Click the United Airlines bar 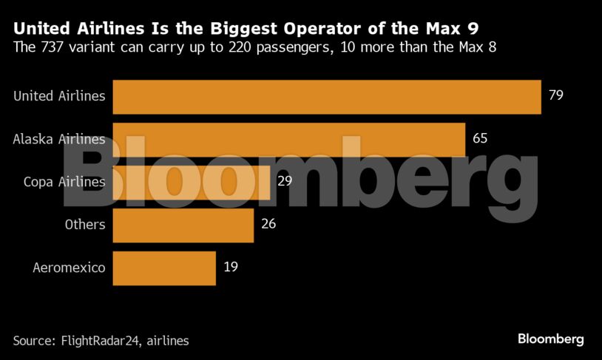326,96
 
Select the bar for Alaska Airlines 288,139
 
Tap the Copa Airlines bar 192,182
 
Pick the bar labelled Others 183,224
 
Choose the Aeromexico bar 163,267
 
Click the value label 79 556,95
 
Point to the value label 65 480,138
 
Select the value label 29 285,181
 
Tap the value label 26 268,223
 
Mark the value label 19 230,266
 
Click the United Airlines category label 59,96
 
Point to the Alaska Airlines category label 59,139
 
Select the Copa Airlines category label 64,182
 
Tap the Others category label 85,224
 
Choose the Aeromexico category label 70,267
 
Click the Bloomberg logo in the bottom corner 550,339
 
